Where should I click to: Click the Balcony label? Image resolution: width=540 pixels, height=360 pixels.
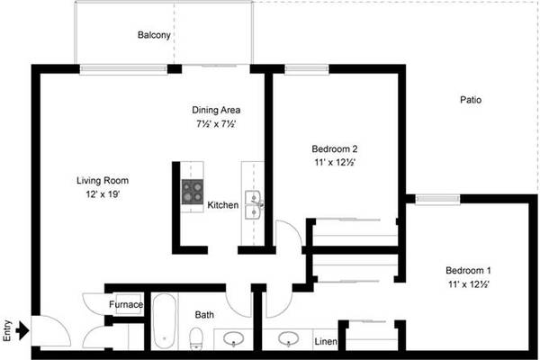tap(154, 35)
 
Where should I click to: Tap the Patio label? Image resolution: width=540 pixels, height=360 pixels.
tap(471, 100)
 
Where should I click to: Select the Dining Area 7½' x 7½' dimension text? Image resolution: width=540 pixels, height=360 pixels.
tap(216, 123)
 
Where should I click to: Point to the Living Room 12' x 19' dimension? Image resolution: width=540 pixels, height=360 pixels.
tap(103, 194)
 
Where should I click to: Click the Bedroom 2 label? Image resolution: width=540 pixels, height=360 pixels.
tap(335, 148)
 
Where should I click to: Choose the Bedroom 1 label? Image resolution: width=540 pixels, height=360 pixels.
tap(468, 270)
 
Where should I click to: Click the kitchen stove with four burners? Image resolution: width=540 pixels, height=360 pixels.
tap(193, 192)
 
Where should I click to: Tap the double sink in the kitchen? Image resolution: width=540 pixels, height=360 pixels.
tap(254, 205)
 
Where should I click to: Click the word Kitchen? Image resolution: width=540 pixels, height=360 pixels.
tap(223, 205)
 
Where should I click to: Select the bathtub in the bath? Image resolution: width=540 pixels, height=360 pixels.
tap(165, 321)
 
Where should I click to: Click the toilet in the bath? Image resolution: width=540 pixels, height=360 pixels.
tap(196, 338)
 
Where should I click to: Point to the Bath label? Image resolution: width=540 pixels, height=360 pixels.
tap(204, 314)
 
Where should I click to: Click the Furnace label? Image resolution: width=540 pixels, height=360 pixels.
tap(126, 304)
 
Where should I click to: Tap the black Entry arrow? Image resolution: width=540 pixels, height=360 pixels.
tap(22, 330)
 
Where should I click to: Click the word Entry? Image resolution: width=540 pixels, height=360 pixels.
tap(7, 331)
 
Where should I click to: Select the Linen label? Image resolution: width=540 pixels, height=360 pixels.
tap(326, 341)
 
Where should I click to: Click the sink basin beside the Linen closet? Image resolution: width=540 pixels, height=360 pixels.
tap(289, 338)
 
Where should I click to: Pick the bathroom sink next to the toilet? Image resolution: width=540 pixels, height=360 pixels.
tap(233, 338)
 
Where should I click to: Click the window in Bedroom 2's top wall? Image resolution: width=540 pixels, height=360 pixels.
tap(307, 69)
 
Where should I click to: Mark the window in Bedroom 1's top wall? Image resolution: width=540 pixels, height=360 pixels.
tap(437, 199)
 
